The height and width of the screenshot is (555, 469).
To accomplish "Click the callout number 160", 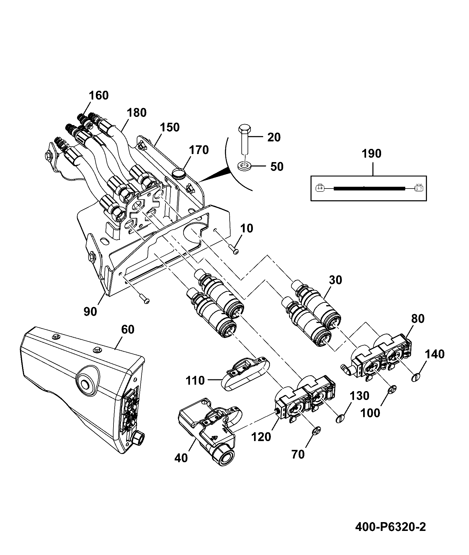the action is coord(99,96).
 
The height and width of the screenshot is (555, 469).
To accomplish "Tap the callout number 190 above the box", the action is coord(372,154).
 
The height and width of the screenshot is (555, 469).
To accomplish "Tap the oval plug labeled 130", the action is coord(341,418).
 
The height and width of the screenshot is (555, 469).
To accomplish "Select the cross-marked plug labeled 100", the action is coord(393,390).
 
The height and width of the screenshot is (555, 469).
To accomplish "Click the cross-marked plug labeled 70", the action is coord(316,431).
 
